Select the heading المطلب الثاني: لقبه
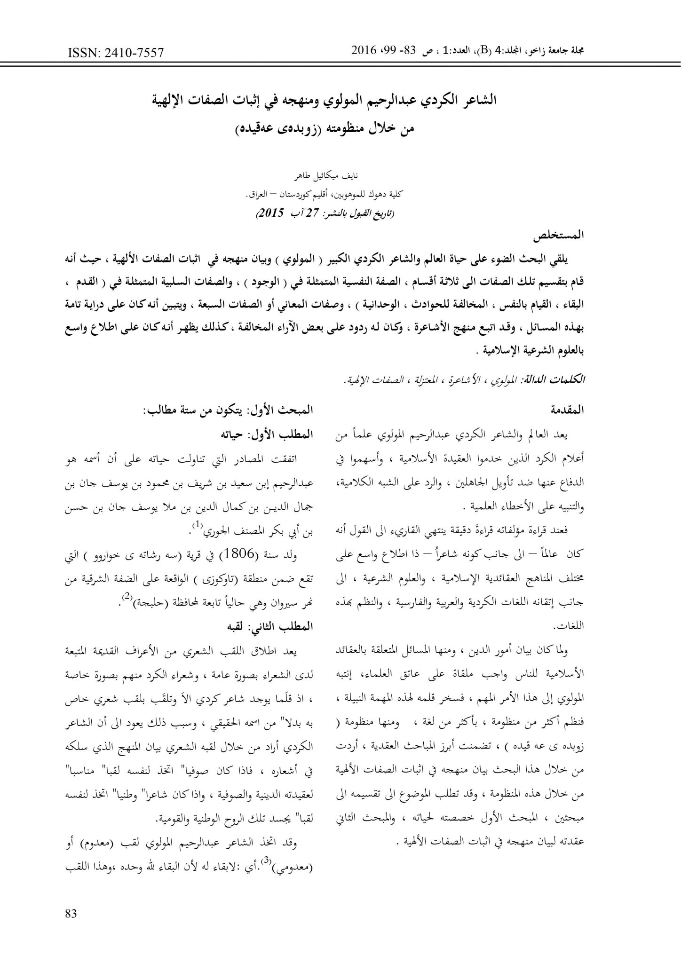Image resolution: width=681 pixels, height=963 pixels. tap(271, 627)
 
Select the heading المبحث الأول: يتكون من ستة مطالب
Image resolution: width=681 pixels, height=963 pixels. tap(228, 410)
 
